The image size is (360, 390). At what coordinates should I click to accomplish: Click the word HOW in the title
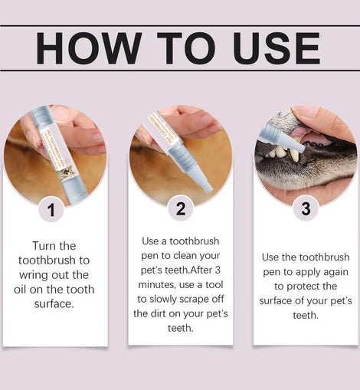coord(89,48)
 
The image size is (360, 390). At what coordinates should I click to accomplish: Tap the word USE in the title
coord(277,48)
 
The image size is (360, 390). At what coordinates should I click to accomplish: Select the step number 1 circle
coord(51,210)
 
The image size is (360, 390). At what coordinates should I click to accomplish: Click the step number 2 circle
coord(181,208)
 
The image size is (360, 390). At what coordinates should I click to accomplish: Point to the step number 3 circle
coord(306,208)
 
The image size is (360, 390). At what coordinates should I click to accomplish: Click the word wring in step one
coord(34,276)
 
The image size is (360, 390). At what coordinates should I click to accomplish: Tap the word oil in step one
coord(20,290)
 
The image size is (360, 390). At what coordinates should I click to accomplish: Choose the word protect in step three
coord(304,287)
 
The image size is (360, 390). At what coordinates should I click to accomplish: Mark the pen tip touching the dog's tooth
coord(300,149)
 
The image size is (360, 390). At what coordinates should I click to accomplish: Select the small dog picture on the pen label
coord(67,174)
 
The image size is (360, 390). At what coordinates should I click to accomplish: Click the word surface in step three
coord(276,301)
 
